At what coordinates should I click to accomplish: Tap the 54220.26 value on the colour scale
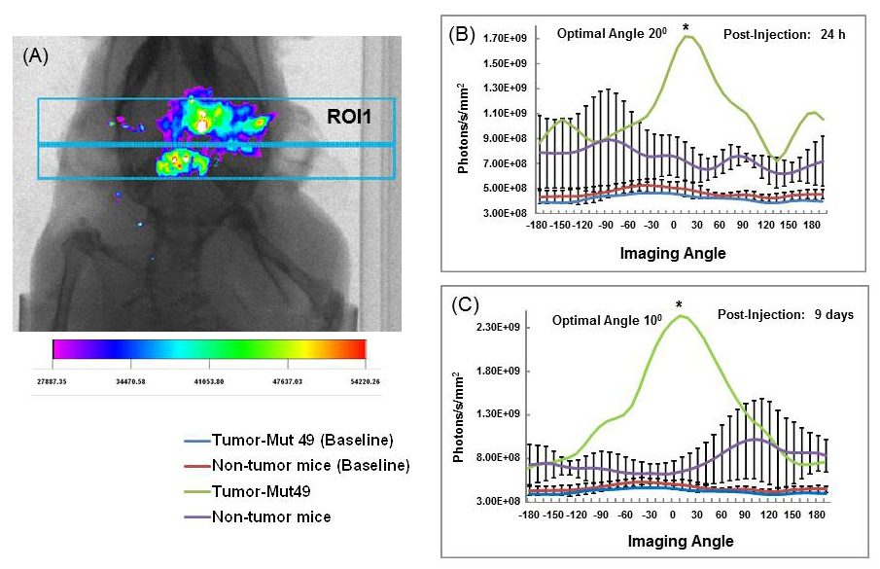tap(360, 381)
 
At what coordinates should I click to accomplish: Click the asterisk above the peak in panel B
tap(686, 27)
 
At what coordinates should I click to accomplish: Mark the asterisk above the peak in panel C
tap(679, 305)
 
